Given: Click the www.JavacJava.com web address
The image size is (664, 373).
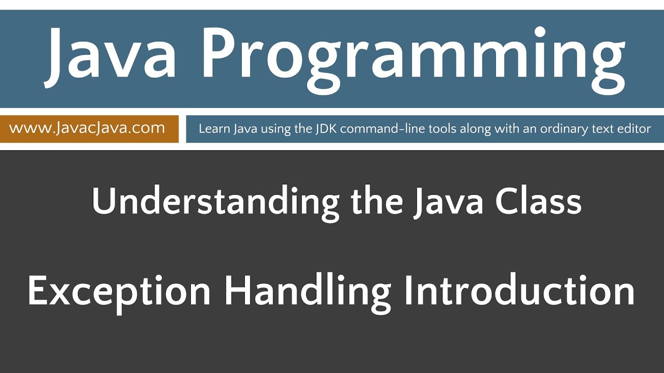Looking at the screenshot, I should click(x=87, y=128).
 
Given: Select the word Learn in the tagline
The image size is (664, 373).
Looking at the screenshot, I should click(x=213, y=128).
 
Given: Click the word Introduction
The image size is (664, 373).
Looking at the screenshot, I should click(x=519, y=291).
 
